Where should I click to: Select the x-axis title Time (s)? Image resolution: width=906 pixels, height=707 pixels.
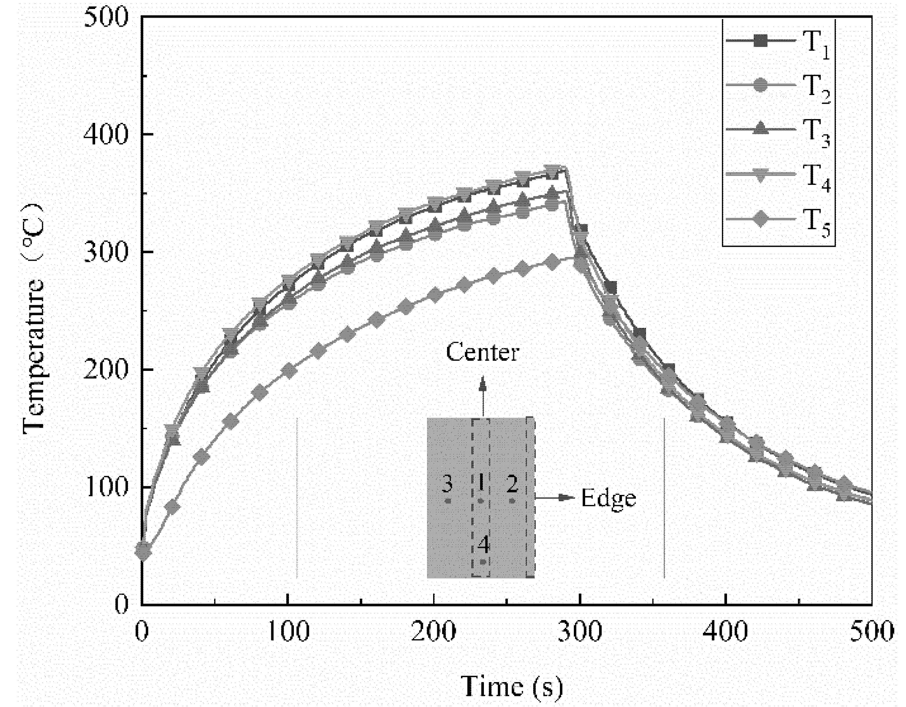point(512,686)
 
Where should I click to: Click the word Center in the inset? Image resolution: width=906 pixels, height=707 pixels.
point(482,352)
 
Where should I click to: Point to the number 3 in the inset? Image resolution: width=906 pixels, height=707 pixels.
point(447,483)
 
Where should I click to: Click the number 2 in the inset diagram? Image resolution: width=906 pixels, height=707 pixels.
point(512,483)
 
